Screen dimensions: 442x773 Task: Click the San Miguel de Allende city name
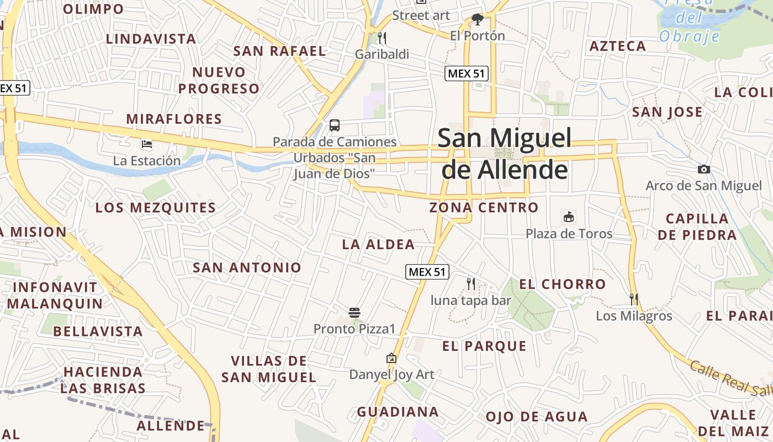(505, 154)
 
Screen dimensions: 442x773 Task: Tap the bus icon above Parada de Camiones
(335, 125)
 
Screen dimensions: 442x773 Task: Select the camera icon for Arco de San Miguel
(704, 170)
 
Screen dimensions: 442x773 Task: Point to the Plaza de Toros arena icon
(569, 217)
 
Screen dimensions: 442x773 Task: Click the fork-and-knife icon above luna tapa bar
(471, 284)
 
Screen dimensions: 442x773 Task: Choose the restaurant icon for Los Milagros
(634, 299)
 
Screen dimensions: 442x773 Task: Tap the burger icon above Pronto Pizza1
(354, 313)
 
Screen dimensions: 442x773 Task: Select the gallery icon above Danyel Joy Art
(391, 358)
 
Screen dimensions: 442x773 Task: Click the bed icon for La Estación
(146, 144)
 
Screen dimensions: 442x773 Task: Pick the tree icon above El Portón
(478, 20)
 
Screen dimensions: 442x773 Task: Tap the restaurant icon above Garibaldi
(382, 38)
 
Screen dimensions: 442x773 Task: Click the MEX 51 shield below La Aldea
(427, 272)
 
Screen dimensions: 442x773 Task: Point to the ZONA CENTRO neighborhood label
(484, 208)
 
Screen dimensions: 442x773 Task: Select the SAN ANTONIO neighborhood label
(247, 268)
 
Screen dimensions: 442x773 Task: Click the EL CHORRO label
(563, 285)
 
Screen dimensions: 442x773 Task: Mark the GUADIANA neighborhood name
(398, 412)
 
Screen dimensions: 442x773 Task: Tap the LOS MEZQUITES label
(155, 208)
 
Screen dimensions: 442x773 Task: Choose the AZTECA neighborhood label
(617, 46)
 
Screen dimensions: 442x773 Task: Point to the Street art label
(421, 15)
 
